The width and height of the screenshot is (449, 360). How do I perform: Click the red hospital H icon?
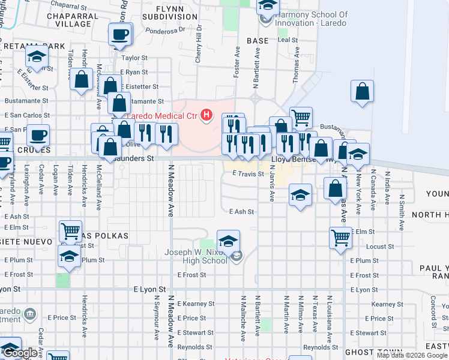[207, 114]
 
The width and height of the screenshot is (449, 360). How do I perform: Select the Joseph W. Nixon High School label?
[196, 256]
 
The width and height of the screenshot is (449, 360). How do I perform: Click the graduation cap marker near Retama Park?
[37, 58]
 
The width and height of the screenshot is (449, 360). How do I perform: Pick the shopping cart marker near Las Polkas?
[71, 230]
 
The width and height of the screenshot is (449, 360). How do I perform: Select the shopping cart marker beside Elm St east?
[340, 238]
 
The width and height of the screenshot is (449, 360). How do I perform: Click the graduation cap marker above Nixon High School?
[228, 241]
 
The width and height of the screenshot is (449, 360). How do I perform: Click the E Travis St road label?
[248, 174]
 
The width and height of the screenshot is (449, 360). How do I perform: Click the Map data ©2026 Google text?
[412, 355]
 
